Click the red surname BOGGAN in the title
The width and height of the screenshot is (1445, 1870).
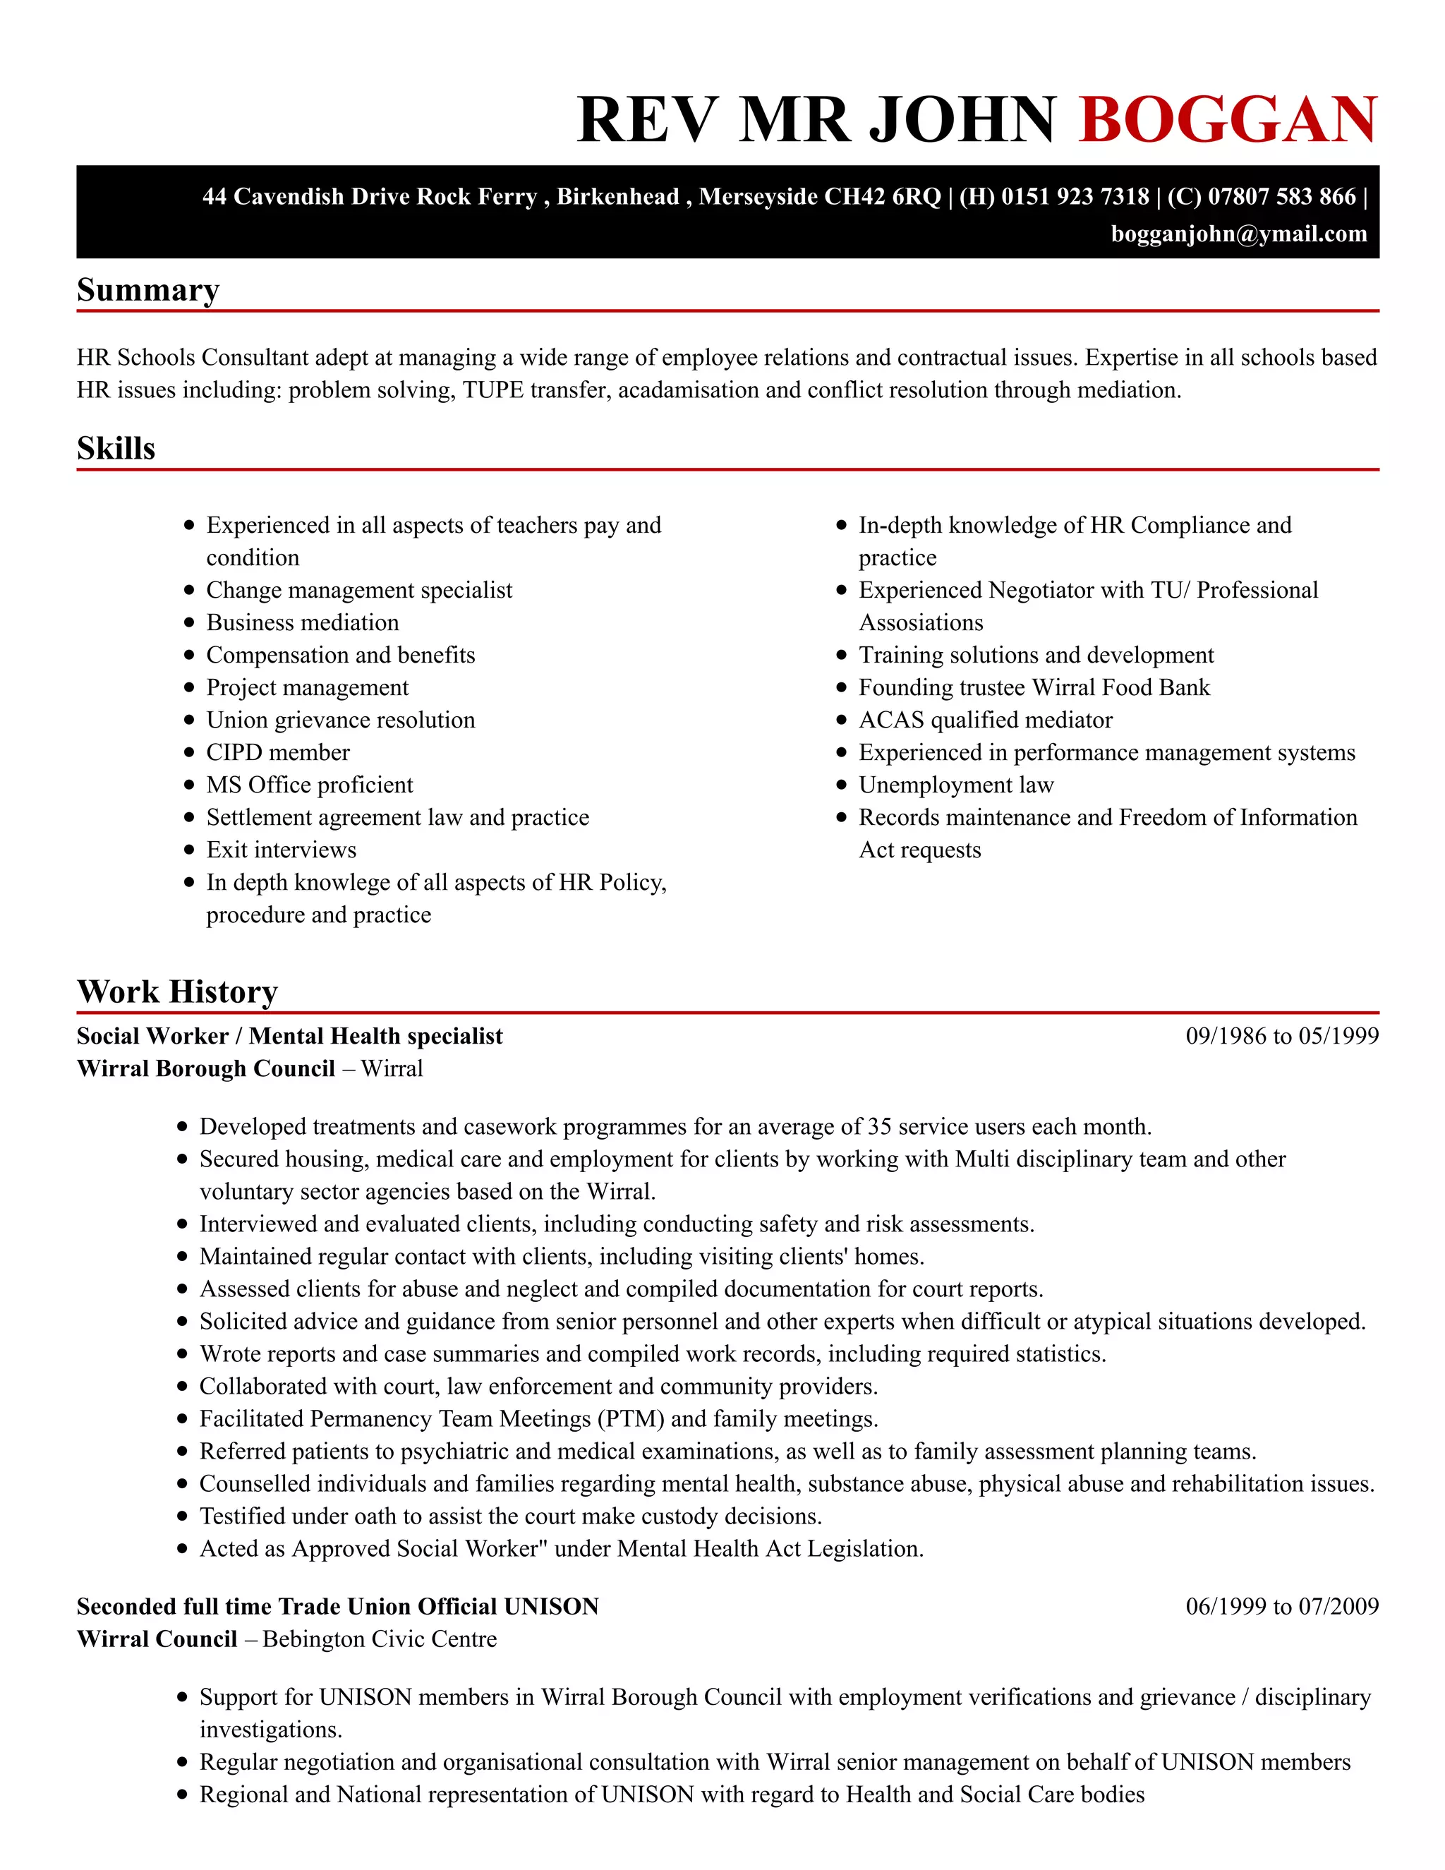(x=1228, y=120)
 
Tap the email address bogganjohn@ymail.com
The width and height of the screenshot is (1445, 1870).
(x=1239, y=234)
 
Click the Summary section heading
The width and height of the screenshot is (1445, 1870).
(x=148, y=290)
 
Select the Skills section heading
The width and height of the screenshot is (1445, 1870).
(x=116, y=449)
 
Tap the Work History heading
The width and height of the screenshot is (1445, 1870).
(x=177, y=991)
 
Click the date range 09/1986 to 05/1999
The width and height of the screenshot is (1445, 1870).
(x=1281, y=1036)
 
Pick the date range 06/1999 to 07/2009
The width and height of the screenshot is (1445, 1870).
(x=1281, y=1606)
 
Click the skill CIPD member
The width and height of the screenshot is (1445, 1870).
(x=277, y=753)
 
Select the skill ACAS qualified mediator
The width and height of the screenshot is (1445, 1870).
(x=985, y=720)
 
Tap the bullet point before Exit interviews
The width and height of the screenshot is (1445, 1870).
(x=189, y=850)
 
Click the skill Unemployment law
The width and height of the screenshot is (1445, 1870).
(x=955, y=785)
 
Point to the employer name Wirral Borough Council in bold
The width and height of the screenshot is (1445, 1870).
(x=205, y=1068)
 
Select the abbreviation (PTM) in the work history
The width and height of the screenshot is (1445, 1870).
(x=631, y=1419)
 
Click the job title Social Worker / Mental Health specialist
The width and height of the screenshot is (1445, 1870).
(x=289, y=1036)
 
